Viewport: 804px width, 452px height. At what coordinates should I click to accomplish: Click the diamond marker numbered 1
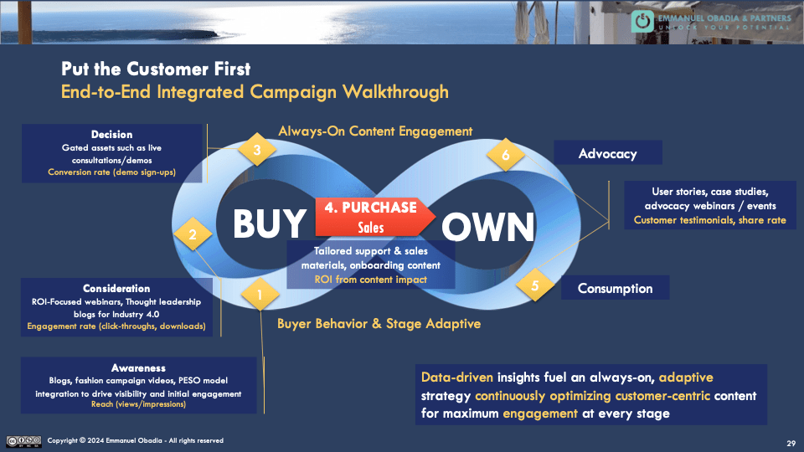[x=260, y=295]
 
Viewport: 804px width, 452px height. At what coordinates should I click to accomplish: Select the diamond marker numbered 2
[x=192, y=235]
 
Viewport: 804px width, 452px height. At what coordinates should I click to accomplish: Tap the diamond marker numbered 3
[x=258, y=151]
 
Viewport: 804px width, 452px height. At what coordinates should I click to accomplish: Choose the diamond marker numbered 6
[x=505, y=155]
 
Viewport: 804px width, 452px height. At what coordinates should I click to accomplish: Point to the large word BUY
[x=269, y=224]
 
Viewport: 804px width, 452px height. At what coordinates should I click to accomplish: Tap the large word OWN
[x=488, y=227]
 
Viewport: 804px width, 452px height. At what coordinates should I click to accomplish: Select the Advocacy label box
[x=608, y=153]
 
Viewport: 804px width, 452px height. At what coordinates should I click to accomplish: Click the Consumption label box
[x=615, y=288]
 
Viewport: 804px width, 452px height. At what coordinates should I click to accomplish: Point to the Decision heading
[x=111, y=135]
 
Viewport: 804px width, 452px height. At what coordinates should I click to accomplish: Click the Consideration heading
[x=116, y=289]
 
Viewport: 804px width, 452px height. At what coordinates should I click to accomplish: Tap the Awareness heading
[x=138, y=367]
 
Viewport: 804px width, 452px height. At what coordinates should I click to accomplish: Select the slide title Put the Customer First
[x=156, y=69]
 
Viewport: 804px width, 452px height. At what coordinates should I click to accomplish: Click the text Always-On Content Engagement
[x=375, y=131]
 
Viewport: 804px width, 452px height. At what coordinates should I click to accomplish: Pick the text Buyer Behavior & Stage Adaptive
[x=380, y=323]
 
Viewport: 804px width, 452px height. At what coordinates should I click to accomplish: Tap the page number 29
[x=791, y=443]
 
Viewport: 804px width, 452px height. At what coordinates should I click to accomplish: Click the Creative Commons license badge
[x=23, y=440]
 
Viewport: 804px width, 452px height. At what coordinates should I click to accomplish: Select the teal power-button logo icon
[x=642, y=22]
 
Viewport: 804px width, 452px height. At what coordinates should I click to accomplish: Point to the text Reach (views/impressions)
[x=139, y=404]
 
